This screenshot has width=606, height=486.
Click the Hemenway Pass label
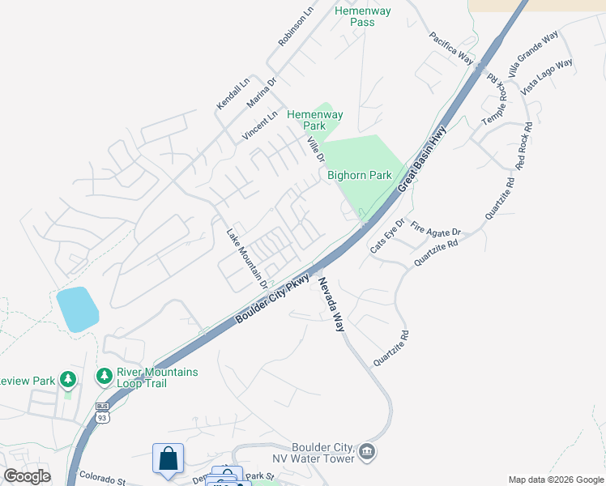[x=364, y=16]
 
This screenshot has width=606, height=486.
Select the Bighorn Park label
[x=359, y=175]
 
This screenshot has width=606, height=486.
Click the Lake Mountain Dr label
[x=246, y=258]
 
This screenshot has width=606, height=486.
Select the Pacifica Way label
[x=451, y=48]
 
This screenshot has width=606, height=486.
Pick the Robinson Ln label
[x=295, y=28]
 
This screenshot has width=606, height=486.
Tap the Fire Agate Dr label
[x=436, y=229]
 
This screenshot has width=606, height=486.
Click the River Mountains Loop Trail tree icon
[x=104, y=377]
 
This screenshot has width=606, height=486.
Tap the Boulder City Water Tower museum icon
[x=367, y=451]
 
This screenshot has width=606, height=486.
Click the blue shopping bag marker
[x=168, y=459]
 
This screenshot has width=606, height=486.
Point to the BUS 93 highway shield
[x=101, y=412]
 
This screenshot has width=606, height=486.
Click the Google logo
[x=28, y=475]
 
